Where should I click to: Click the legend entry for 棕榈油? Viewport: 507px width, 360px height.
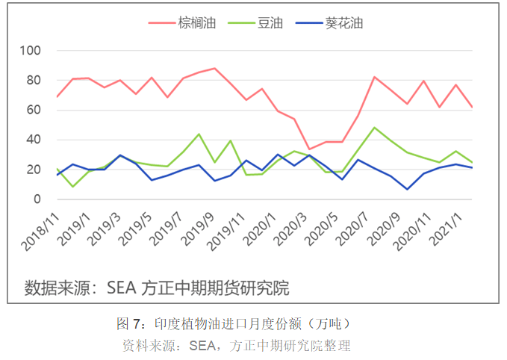pos(197,23)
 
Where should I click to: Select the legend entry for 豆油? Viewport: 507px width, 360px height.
pos(270,23)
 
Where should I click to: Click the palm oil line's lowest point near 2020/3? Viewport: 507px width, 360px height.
pos(310,149)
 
